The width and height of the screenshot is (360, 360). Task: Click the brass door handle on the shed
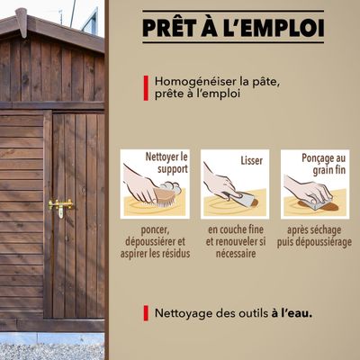coord(60,206)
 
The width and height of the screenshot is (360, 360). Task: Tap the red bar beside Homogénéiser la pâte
coord(146,87)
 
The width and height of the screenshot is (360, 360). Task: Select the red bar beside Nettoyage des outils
coord(146,314)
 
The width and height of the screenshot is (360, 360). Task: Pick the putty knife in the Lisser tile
coord(240,196)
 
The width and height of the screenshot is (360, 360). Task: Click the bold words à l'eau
coord(297,314)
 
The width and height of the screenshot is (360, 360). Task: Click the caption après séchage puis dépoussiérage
coord(314,236)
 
